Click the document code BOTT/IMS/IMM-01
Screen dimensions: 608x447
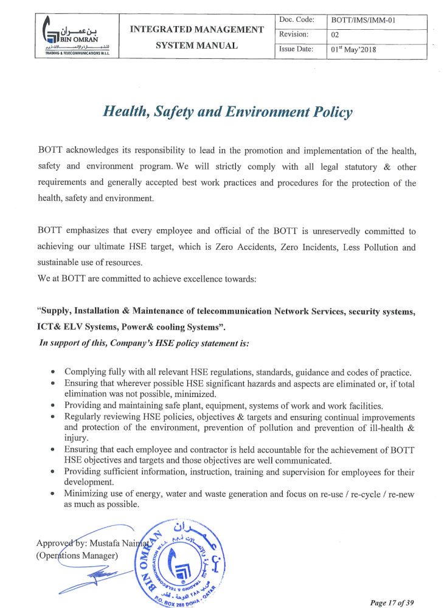tap(363, 21)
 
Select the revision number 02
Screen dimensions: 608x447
tap(334, 35)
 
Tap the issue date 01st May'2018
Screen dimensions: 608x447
tap(353, 49)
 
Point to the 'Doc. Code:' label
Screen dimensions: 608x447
tap(296, 20)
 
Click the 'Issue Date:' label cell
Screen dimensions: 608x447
tap(296, 49)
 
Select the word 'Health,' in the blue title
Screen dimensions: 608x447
tap(126, 112)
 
